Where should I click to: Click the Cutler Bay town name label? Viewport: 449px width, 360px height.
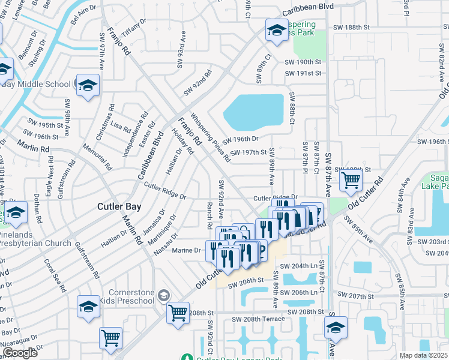click(x=119, y=206)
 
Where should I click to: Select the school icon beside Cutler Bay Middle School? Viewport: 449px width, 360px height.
click(x=88, y=85)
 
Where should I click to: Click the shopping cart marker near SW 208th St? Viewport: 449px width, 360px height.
click(x=178, y=312)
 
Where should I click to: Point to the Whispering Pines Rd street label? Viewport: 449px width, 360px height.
click(x=210, y=138)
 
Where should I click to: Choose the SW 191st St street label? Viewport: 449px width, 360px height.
click(x=303, y=73)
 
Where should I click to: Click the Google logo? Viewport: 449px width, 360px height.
click(x=20, y=353)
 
